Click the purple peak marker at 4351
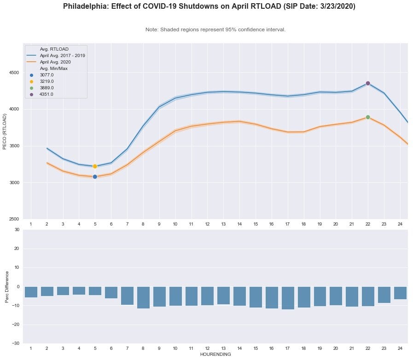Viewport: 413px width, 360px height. (368, 83)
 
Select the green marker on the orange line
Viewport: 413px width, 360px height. (368, 117)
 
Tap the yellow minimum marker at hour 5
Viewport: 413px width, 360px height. (95, 166)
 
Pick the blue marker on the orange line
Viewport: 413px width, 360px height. (95, 177)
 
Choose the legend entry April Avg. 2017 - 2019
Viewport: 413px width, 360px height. (62, 55)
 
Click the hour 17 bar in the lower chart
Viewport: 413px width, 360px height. (288, 298)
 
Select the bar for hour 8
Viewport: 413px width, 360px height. (143, 297)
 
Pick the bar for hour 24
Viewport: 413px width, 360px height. (400, 293)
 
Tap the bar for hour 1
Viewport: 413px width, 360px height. (31, 292)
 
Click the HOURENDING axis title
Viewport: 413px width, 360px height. (215, 354)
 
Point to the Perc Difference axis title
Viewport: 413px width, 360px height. (7, 286)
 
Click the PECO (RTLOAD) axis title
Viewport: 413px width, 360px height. (6, 131)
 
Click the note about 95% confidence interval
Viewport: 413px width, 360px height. (215, 29)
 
